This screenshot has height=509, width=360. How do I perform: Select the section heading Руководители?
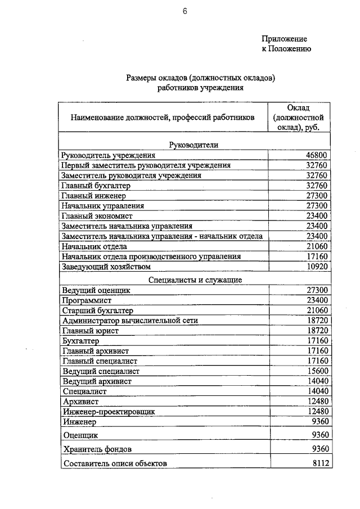coord(194,145)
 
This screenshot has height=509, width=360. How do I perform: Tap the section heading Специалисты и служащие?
coord(195,279)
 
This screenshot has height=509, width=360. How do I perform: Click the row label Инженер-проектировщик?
coord(109,412)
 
